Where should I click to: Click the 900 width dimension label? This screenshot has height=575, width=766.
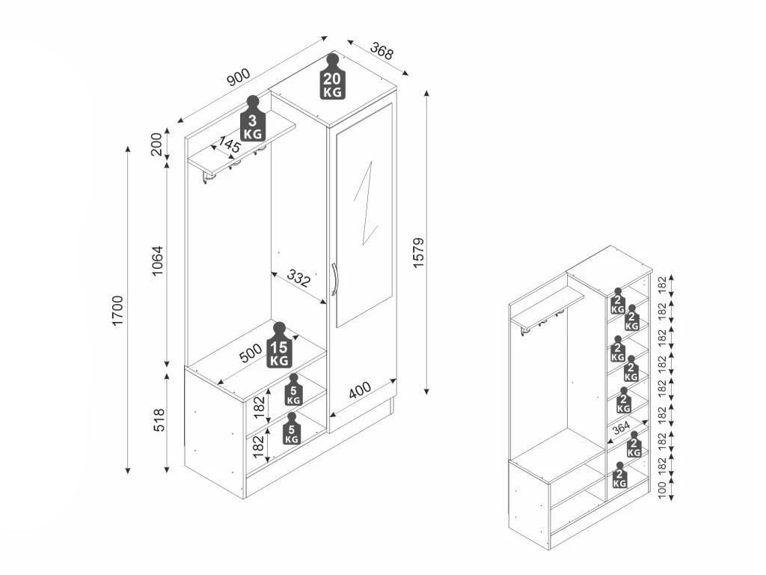239,77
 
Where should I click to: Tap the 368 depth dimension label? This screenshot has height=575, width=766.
382,51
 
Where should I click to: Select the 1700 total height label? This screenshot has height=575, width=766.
118,311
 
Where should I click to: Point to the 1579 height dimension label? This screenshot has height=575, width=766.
419,253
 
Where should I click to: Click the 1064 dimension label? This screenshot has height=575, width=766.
157,261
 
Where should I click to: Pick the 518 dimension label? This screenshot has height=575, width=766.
159,420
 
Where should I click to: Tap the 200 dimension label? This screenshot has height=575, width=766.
156,144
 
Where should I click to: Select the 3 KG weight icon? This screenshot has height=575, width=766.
252,118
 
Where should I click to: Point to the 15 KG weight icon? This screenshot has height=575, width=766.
279,345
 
